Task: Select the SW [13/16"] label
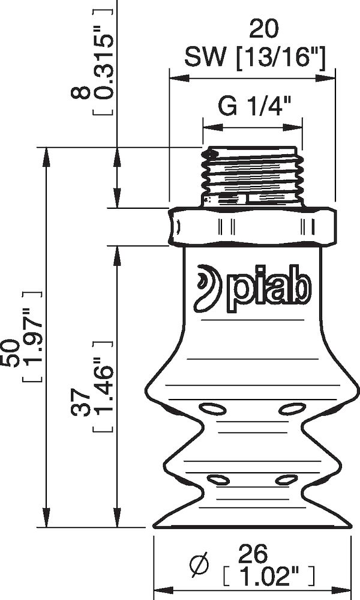pos(255,58)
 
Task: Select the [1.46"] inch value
pos(103,387)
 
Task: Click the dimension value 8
pos(82,93)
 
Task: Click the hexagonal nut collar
pos(252,226)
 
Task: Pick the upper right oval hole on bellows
pos(292,409)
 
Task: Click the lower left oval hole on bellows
pos(218,479)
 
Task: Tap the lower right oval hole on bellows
pos(286,479)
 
